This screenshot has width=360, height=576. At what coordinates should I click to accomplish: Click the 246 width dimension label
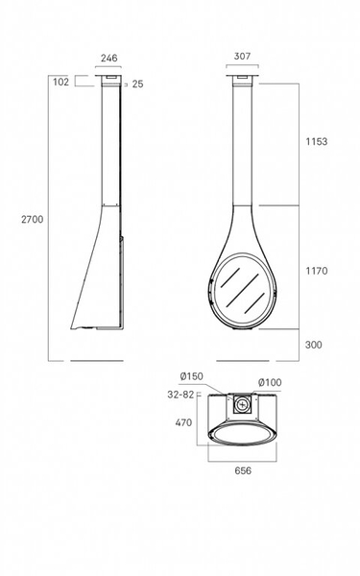(109, 58)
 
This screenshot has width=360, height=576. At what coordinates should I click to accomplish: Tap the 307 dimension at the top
(243, 57)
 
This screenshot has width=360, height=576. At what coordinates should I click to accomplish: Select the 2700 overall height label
(33, 219)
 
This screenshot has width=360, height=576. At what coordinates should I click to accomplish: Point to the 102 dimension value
(61, 82)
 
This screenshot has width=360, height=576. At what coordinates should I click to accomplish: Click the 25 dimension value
(137, 84)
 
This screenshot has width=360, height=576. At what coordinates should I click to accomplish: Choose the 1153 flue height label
(317, 141)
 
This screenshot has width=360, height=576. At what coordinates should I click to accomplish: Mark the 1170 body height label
(317, 271)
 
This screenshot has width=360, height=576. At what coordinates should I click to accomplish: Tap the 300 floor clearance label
(313, 345)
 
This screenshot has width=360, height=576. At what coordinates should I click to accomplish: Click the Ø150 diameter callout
(191, 376)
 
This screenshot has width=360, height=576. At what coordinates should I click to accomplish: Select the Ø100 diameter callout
(270, 382)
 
